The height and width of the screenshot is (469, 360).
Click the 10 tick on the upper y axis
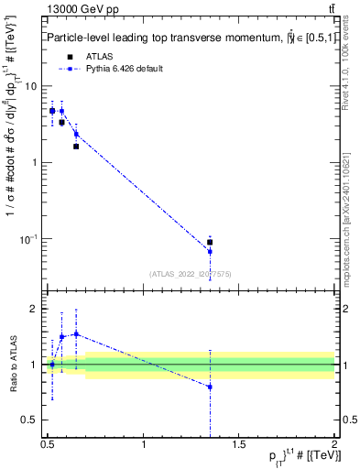(34, 86)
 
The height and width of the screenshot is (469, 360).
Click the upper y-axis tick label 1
(37, 163)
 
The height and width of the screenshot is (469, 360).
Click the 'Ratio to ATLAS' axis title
(13, 365)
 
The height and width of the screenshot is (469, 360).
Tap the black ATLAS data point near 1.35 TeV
(210, 243)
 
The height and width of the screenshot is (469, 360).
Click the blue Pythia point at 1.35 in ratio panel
(210, 387)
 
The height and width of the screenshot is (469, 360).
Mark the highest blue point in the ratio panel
(76, 333)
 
